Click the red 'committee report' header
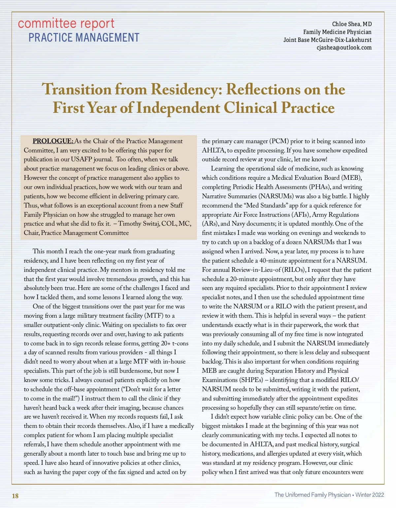pyautogui.click(x=66, y=24)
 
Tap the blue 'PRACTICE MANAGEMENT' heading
pyautogui.click(x=84, y=38)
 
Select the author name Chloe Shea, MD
pyautogui.click(x=352, y=24)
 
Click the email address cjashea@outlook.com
pyautogui.click(x=344, y=48)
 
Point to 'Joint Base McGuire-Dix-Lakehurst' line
pyautogui.click(x=327, y=40)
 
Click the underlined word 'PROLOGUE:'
pyautogui.click(x=53, y=141)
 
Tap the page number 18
pyautogui.click(x=15, y=496)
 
